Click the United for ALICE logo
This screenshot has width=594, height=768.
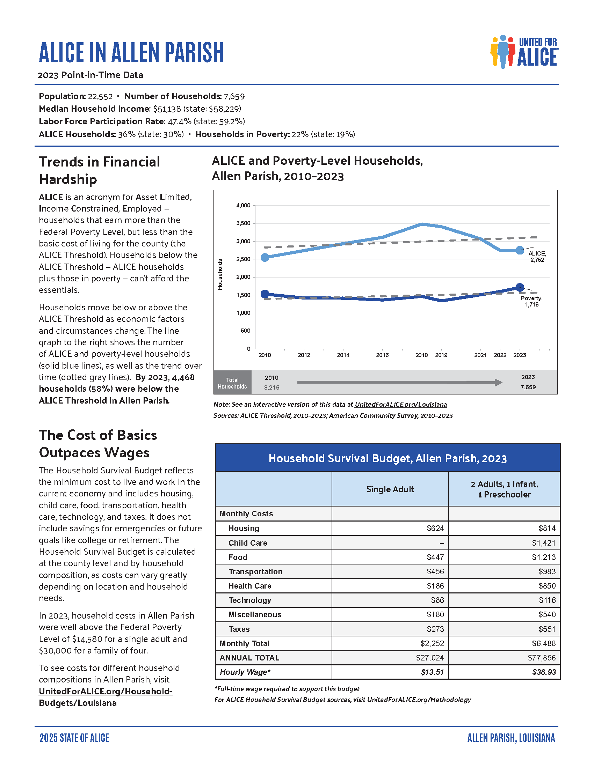click(524, 52)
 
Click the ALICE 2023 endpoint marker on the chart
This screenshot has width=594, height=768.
click(520, 250)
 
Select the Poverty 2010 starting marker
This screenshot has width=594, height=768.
click(265, 294)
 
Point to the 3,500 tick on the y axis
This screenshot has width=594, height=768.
click(243, 223)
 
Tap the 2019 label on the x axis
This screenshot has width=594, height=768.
click(441, 355)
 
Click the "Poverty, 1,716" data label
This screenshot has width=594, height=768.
click(531, 301)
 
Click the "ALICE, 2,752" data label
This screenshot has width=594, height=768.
click(537, 257)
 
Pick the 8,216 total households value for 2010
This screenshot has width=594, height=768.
click(271, 387)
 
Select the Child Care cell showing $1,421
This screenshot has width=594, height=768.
click(543, 543)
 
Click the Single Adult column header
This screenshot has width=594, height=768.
click(390, 489)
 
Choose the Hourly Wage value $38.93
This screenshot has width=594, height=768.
click(544, 672)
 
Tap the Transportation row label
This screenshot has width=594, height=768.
click(255, 571)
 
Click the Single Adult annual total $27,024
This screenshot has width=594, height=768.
click(430, 658)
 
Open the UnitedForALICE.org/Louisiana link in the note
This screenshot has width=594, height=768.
click(400, 404)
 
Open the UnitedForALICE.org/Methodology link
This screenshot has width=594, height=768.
click(419, 700)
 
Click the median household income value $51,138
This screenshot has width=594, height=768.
click(167, 109)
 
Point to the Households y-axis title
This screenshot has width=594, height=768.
click(220, 274)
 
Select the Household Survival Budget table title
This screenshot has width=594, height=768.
click(387, 458)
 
